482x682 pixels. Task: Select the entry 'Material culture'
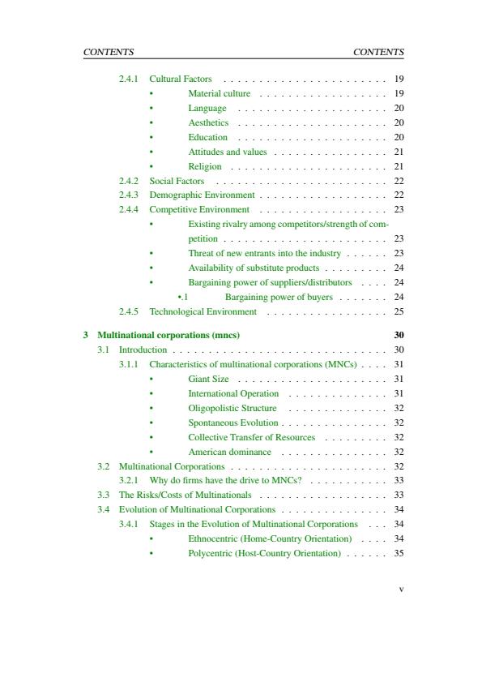click(x=219, y=94)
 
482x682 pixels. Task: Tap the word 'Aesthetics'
click(x=208, y=123)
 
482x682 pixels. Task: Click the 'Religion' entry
click(x=205, y=166)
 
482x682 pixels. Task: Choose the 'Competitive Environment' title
click(x=199, y=210)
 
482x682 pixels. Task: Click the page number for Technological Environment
click(x=399, y=311)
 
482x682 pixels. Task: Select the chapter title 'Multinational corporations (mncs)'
click(x=168, y=335)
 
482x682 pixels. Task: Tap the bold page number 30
click(x=399, y=335)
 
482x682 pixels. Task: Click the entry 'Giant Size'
click(x=208, y=379)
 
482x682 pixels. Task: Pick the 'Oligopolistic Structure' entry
click(x=232, y=408)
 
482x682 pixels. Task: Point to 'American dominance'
click(x=229, y=452)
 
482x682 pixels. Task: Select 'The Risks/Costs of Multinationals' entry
click(x=186, y=495)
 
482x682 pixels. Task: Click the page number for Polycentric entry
click(x=399, y=553)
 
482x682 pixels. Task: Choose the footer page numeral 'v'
click(x=401, y=589)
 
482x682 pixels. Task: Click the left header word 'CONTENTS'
click(x=109, y=52)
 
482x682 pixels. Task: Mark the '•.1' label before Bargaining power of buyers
click(x=182, y=297)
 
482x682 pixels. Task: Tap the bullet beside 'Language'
click(x=151, y=109)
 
